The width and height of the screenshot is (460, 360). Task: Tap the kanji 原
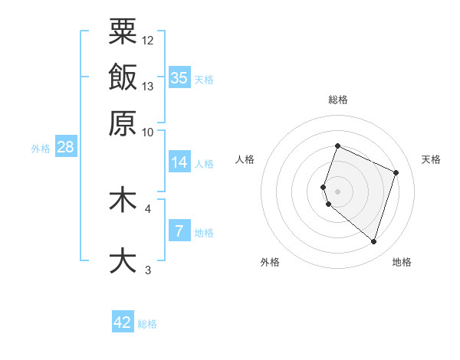coord(123,123)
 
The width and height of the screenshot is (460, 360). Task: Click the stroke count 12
coord(148,40)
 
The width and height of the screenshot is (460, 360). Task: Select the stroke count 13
coord(148,86)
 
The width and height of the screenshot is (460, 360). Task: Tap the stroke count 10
coord(148,132)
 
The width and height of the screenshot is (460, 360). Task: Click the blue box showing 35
coord(179,77)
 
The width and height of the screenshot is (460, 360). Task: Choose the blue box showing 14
coord(179,162)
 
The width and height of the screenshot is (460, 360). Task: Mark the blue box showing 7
coord(179,231)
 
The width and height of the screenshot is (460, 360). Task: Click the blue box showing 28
coord(65,147)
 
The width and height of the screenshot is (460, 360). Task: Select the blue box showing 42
coord(123,322)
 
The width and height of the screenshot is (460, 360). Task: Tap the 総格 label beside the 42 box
coord(147,324)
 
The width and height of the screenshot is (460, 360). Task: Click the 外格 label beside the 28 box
coord(41,149)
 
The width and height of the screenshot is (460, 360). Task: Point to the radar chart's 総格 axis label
coord(337,100)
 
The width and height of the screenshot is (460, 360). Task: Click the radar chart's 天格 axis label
coord(431,159)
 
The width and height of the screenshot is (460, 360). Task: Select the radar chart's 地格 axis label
coord(402,262)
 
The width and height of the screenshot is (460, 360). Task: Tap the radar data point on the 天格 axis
coord(396,172)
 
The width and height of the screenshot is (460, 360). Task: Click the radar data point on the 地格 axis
coord(373,242)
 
